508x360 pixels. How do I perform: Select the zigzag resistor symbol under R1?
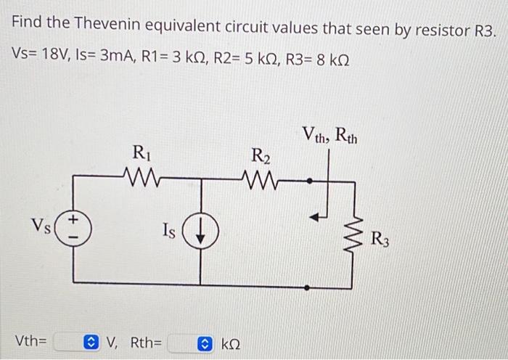click(139, 175)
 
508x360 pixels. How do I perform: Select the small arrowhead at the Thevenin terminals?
click(314, 216)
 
